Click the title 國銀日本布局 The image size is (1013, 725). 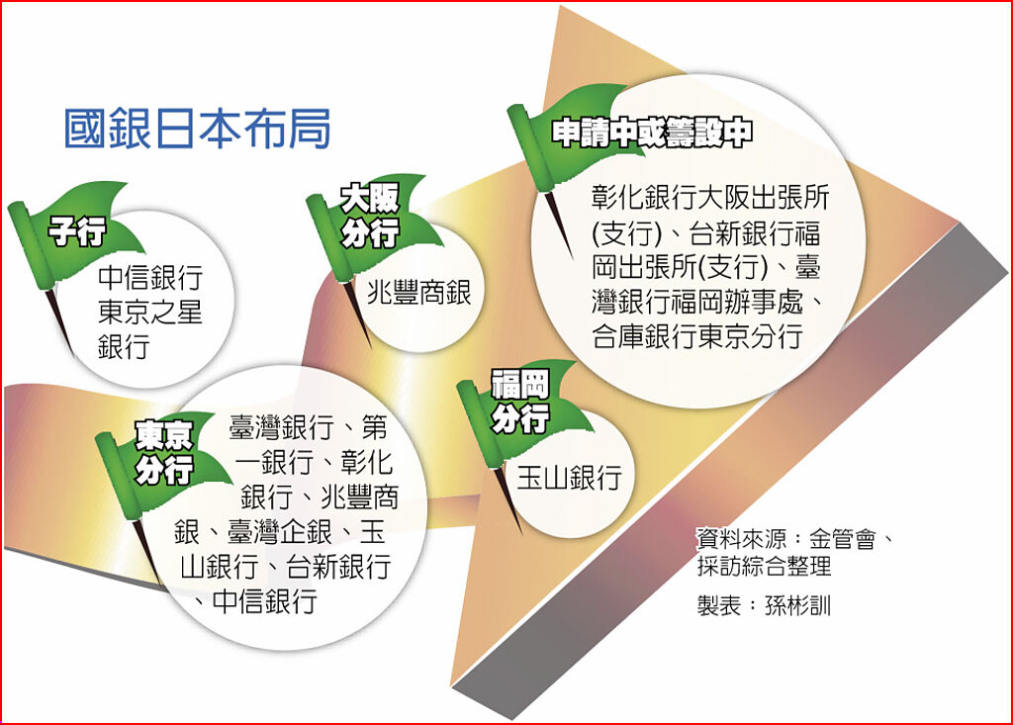point(198,129)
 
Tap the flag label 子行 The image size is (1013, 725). point(77,230)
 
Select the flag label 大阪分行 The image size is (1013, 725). point(370,216)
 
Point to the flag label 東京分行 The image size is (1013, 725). point(164,453)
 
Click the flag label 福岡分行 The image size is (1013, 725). point(520,402)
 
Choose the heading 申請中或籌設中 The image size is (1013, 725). point(652,134)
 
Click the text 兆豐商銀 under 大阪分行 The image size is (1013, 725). point(418,292)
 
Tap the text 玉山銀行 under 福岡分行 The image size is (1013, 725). point(569,478)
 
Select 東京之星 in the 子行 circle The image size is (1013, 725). point(150,313)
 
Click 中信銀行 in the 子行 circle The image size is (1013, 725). point(150,278)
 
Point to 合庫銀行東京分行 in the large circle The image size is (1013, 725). point(697,336)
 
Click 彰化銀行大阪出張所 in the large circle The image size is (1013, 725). point(710,197)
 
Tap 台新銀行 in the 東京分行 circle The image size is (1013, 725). point(338,566)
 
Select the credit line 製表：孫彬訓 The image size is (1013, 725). point(763,606)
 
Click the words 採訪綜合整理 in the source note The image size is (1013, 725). point(764,566)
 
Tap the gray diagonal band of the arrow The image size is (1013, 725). point(730,472)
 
